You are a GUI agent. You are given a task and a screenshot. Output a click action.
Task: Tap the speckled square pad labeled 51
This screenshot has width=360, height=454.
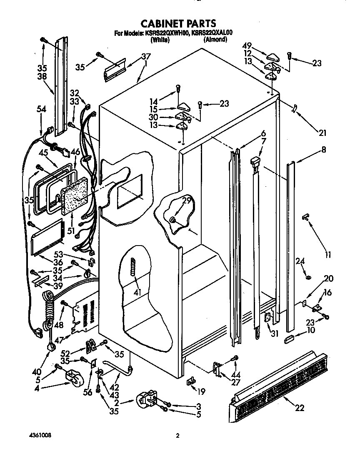tap(75, 196)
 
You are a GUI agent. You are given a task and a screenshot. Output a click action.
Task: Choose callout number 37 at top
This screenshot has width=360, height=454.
tap(145, 57)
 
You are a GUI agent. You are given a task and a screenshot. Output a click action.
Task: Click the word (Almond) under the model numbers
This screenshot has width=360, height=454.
tap(215, 40)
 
